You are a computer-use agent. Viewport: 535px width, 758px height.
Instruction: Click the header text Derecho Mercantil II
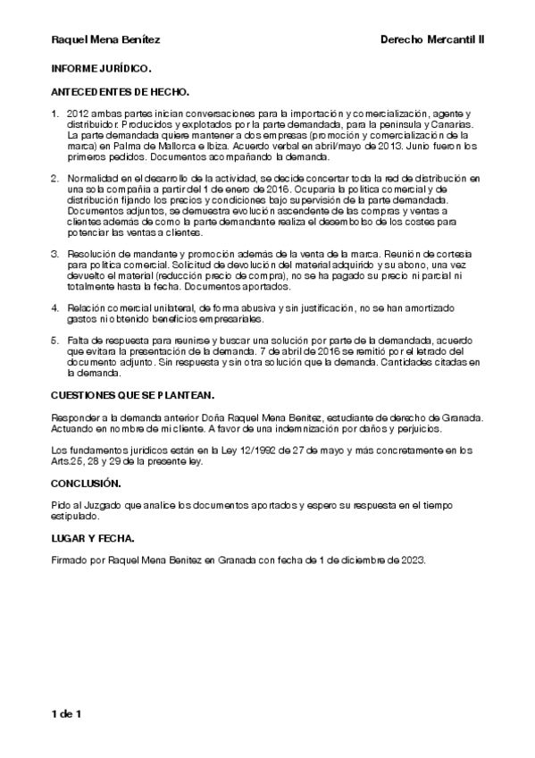pos(432,40)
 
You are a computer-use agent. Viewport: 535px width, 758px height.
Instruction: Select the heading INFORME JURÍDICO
pos(101,68)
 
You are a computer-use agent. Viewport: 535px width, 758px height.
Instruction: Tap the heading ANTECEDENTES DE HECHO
pos(120,92)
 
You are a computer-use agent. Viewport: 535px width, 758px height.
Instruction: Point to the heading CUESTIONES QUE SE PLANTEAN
pos(133,394)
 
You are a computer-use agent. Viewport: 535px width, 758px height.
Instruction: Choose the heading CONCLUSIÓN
pos(86,483)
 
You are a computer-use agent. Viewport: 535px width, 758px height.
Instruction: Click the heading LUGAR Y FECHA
pos(93,541)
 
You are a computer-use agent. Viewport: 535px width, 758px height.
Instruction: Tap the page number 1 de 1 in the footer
pos(67,713)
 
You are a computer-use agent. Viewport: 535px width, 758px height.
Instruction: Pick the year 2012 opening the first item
pos(79,115)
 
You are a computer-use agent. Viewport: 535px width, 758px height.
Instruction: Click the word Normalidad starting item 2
pos(93,180)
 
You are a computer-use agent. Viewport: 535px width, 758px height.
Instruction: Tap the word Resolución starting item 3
pos(94,255)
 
